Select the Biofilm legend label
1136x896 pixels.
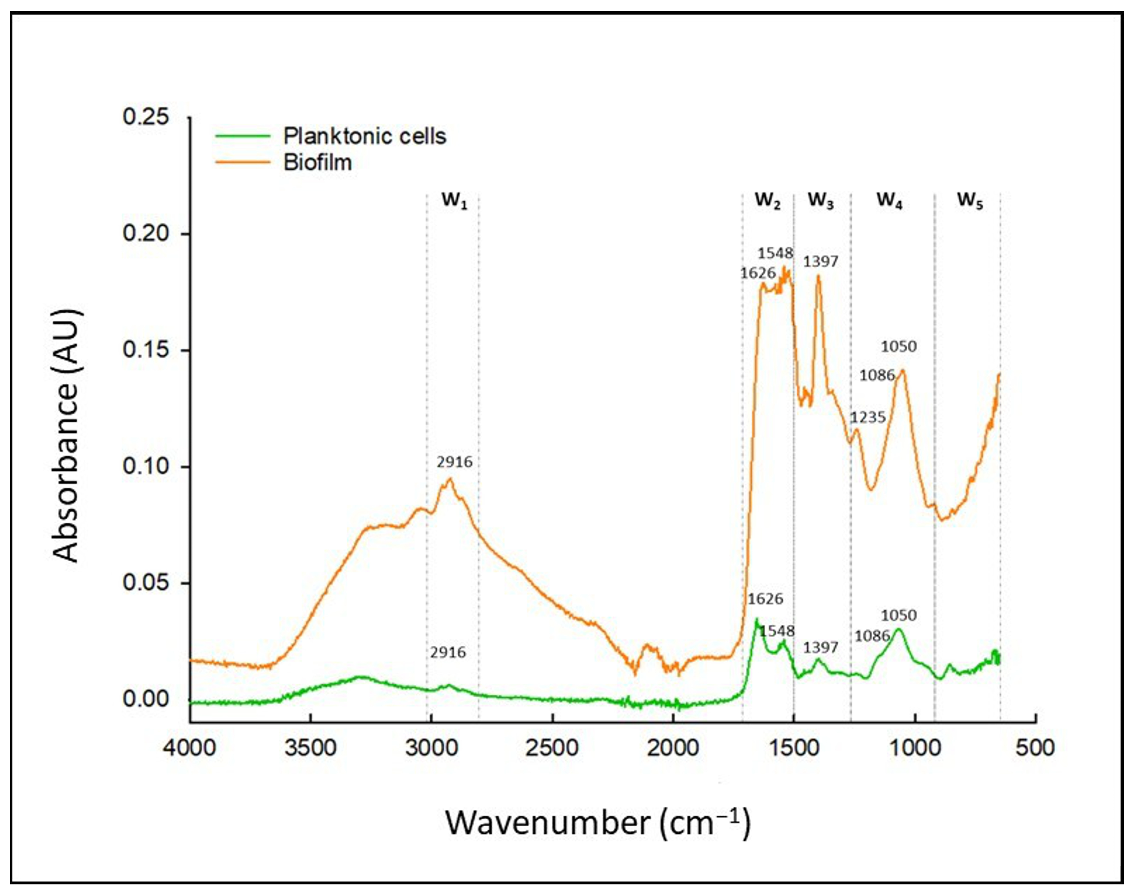pyautogui.click(x=318, y=163)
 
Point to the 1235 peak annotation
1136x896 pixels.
pyautogui.click(x=868, y=418)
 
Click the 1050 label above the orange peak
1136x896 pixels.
pyautogui.click(x=898, y=347)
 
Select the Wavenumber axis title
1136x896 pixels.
pyautogui.click(x=598, y=822)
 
